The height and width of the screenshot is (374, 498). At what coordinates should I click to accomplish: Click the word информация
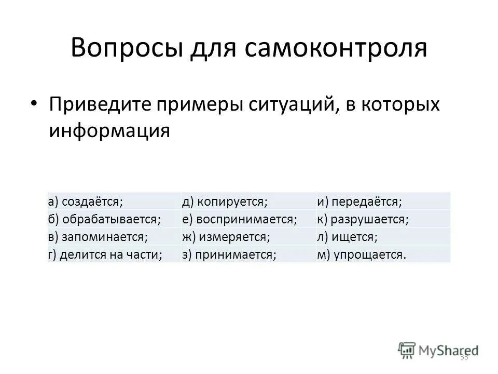point(109,131)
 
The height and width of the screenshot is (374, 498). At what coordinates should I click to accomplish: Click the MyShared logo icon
point(407,350)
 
